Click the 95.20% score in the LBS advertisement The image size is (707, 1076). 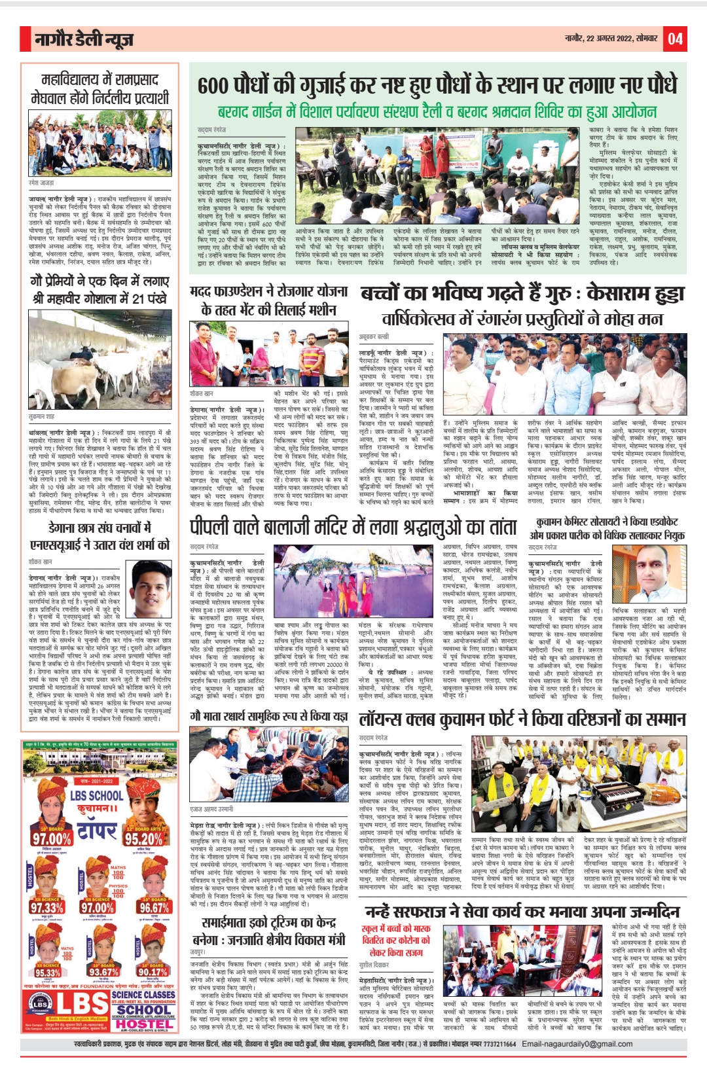pyautogui.click(x=143, y=838)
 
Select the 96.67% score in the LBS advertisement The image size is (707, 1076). pyautogui.click(x=154, y=908)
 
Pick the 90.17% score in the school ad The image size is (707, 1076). pyautogui.click(x=153, y=971)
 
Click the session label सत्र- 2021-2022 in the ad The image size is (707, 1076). pyautogui.click(x=97, y=781)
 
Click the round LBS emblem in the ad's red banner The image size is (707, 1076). pyautogui.click(x=41, y=1004)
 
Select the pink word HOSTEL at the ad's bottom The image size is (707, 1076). pyautogui.click(x=144, y=1024)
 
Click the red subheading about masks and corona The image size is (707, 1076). pyautogui.click(x=396, y=940)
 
